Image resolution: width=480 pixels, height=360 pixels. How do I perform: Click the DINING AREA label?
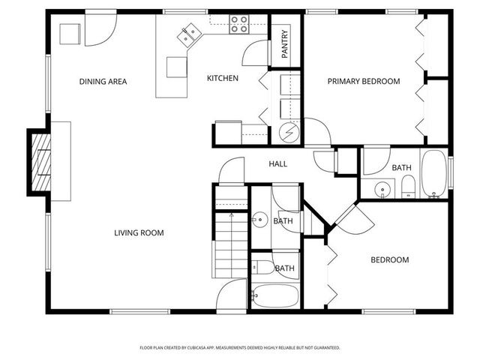(x=103, y=81)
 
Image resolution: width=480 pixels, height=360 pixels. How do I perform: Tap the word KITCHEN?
(x=223, y=78)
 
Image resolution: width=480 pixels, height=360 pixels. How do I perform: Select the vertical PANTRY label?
(x=285, y=43)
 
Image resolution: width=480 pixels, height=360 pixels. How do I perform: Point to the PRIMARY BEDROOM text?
(x=363, y=81)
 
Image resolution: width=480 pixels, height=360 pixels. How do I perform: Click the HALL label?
(x=277, y=163)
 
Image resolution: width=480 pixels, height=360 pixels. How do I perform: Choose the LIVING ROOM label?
(x=139, y=232)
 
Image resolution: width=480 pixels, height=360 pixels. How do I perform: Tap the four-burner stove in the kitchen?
(x=239, y=25)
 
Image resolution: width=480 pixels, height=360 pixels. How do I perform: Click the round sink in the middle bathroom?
(x=259, y=220)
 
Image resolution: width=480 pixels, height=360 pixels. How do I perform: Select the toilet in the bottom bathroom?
(x=263, y=266)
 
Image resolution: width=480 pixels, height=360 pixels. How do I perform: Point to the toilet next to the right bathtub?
(x=408, y=184)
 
